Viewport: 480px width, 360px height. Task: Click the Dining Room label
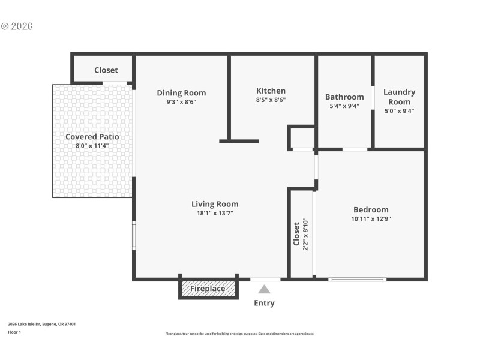(x=181, y=92)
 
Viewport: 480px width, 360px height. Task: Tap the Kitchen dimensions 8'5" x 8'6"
(x=271, y=100)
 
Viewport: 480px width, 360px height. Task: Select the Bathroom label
(x=344, y=97)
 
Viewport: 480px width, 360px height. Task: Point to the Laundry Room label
(x=399, y=97)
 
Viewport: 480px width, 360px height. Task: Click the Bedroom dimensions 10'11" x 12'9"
(x=371, y=219)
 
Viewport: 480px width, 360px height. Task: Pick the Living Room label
(x=215, y=204)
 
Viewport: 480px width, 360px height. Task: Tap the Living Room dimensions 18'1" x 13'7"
(x=215, y=213)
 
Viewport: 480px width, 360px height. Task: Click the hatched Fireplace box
(x=208, y=289)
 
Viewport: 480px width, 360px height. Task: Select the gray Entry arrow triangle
(x=264, y=289)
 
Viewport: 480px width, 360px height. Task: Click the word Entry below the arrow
(x=264, y=303)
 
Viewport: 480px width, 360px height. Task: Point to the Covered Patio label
(x=92, y=137)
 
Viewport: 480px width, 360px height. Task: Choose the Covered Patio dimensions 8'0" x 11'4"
(x=92, y=146)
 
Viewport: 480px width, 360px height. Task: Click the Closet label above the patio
(x=106, y=70)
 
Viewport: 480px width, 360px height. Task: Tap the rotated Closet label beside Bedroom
(x=296, y=234)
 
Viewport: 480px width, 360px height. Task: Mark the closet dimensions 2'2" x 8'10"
(x=305, y=234)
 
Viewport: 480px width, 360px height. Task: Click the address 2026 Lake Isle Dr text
(x=41, y=324)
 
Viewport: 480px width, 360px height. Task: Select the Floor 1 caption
(x=14, y=332)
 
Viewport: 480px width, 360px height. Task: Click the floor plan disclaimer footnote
(x=239, y=334)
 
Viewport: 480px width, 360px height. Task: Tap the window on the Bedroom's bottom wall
(x=358, y=279)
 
